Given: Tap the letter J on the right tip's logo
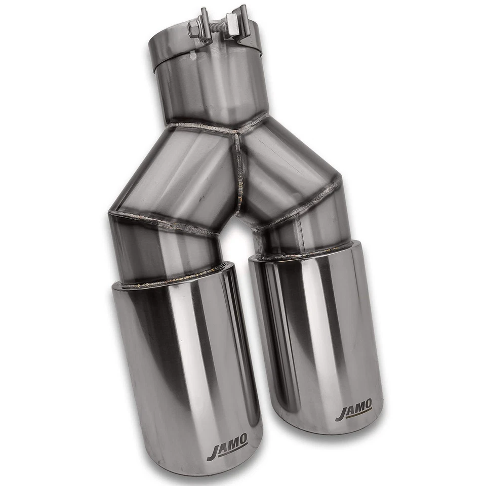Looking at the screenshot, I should click(341, 414).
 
